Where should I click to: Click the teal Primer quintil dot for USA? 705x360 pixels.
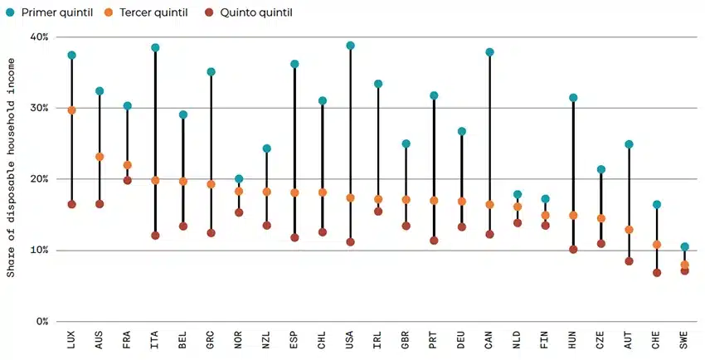click(350, 46)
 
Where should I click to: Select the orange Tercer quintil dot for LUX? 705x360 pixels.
click(72, 110)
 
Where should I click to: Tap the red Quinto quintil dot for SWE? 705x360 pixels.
click(684, 271)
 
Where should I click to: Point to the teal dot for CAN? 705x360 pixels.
click(489, 52)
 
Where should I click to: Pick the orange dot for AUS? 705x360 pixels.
click(100, 157)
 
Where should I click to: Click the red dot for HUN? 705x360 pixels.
click(573, 249)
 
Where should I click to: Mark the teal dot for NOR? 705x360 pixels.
click(239, 179)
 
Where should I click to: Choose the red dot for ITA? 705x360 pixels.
click(155, 236)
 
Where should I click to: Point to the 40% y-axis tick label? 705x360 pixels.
click(39, 37)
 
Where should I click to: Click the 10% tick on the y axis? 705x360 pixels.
click(39, 251)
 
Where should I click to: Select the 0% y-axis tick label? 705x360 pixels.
click(42, 322)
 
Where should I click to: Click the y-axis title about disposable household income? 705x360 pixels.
click(11, 178)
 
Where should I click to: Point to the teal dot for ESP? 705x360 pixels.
click(294, 64)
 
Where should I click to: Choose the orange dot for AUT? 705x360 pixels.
click(629, 230)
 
